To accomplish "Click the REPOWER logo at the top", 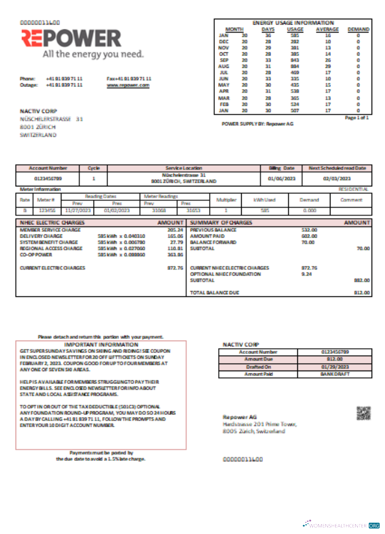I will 71,38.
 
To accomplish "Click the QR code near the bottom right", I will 363,413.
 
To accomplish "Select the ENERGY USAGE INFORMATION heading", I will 292,23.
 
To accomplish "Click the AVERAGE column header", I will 327,29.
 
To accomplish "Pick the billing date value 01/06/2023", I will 281,178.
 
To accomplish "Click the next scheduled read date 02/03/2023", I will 337,178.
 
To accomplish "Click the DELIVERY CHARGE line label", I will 41,235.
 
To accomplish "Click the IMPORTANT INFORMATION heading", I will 101,345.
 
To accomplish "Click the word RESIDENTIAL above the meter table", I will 353,189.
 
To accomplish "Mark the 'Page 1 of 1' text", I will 357,117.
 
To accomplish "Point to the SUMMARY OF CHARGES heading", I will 219,222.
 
